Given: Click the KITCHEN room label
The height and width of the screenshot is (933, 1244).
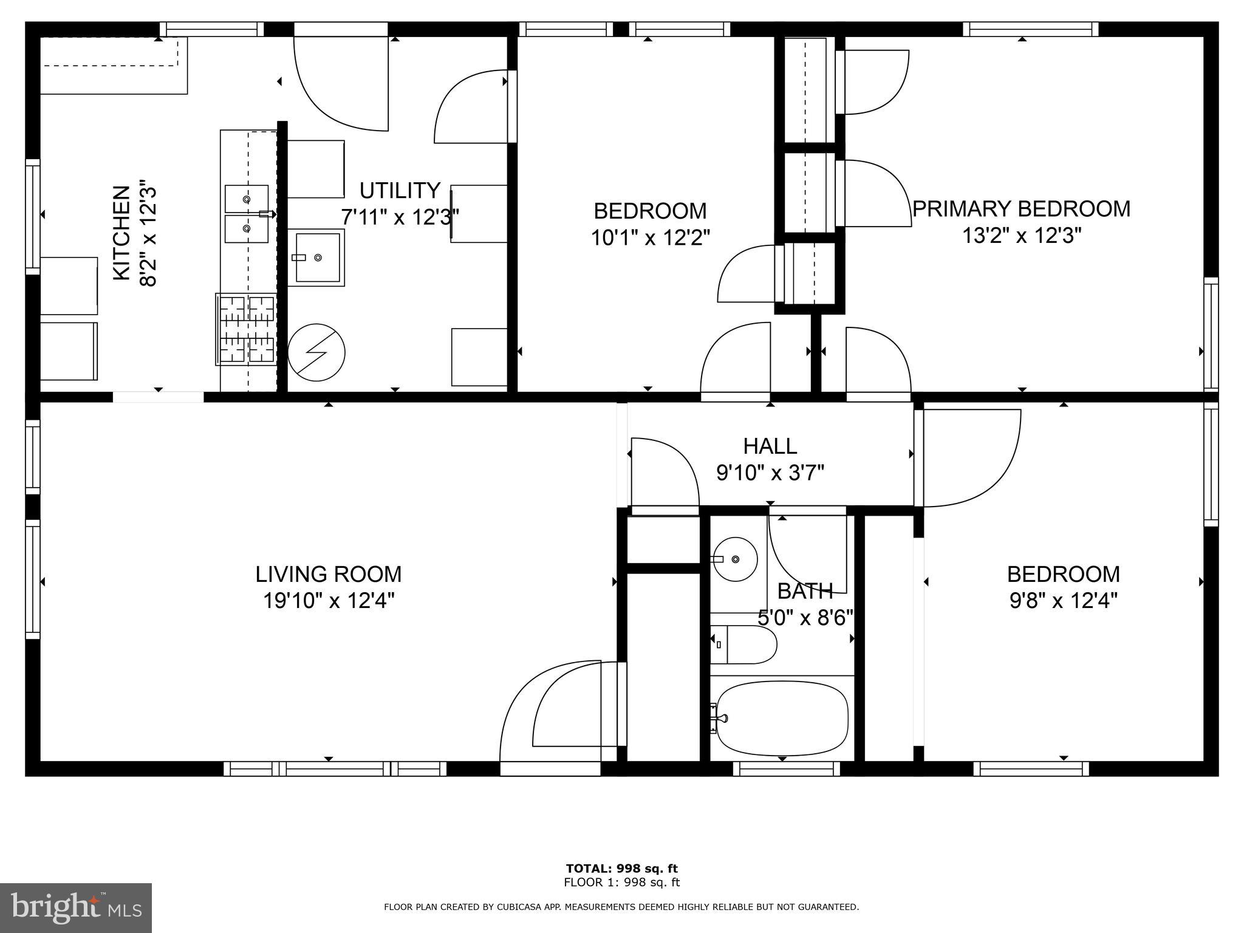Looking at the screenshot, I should click(x=121, y=233).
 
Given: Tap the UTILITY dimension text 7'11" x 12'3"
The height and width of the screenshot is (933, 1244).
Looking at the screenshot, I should click(x=400, y=217).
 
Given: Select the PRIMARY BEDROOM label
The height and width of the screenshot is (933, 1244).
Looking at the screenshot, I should click(x=1022, y=209).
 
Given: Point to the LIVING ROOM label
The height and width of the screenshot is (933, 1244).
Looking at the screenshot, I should click(x=328, y=574).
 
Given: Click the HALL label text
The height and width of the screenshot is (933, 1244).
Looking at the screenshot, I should click(x=770, y=446).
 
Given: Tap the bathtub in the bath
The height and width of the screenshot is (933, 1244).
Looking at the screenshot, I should click(x=782, y=718).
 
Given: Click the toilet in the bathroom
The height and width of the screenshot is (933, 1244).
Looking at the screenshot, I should click(x=745, y=644).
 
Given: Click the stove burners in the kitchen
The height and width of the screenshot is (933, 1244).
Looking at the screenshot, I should click(x=246, y=329).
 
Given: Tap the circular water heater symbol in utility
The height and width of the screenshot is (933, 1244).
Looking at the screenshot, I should click(x=316, y=353).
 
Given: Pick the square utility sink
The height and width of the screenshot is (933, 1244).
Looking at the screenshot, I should click(x=316, y=258).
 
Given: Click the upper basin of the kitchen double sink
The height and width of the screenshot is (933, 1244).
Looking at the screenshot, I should click(x=247, y=199).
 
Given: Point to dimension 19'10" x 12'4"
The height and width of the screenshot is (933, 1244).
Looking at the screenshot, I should click(x=328, y=601).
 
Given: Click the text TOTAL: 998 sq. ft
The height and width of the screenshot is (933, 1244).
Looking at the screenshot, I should click(x=621, y=869).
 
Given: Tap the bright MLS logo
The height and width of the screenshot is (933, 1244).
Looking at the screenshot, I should click(x=75, y=908).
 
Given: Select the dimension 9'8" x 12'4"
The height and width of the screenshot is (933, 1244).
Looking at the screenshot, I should click(x=1063, y=601).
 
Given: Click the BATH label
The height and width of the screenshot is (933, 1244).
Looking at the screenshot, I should click(x=805, y=591).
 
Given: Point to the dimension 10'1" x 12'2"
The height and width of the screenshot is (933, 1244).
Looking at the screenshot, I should click(x=650, y=238).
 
